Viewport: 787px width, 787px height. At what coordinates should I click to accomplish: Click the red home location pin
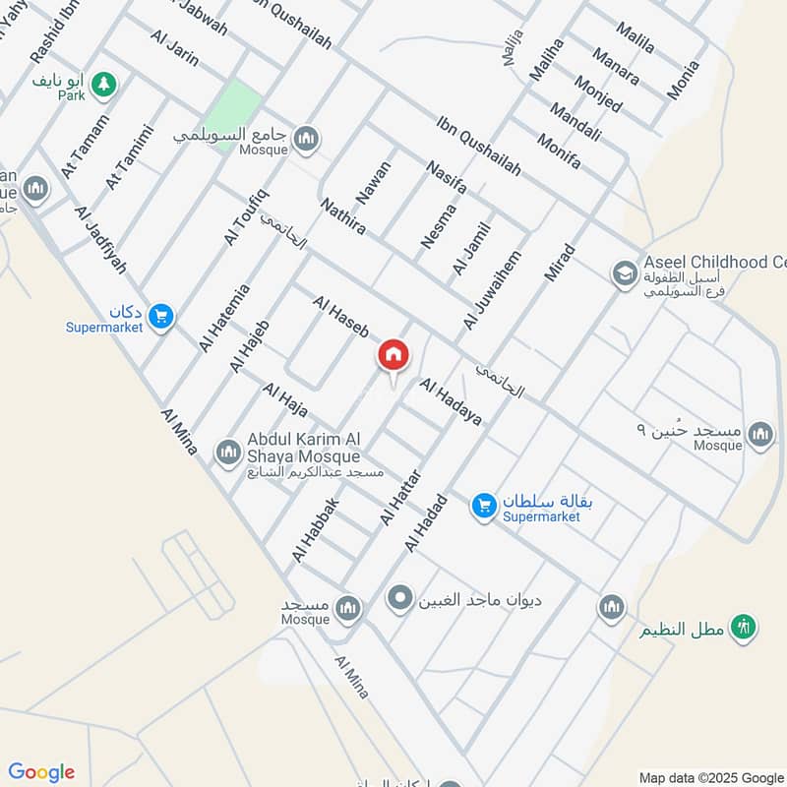pyautogui.click(x=393, y=355)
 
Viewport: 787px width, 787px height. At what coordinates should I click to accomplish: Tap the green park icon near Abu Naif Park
pyautogui.click(x=102, y=86)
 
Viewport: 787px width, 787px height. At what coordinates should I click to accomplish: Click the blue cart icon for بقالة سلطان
pyautogui.click(x=482, y=505)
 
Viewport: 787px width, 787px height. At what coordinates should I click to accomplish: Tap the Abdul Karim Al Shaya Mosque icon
pyautogui.click(x=228, y=451)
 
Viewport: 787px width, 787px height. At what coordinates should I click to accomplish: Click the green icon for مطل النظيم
pyautogui.click(x=743, y=627)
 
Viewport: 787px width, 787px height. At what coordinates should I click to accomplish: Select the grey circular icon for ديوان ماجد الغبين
pyautogui.click(x=399, y=597)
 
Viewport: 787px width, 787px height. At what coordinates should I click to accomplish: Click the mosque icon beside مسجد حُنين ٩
pyautogui.click(x=759, y=433)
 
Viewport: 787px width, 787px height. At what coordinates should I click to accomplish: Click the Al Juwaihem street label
pyautogui.click(x=491, y=289)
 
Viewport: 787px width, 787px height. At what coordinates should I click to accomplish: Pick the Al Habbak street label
pyautogui.click(x=315, y=530)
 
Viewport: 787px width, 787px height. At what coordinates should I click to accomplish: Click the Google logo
pyautogui.click(x=40, y=772)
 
